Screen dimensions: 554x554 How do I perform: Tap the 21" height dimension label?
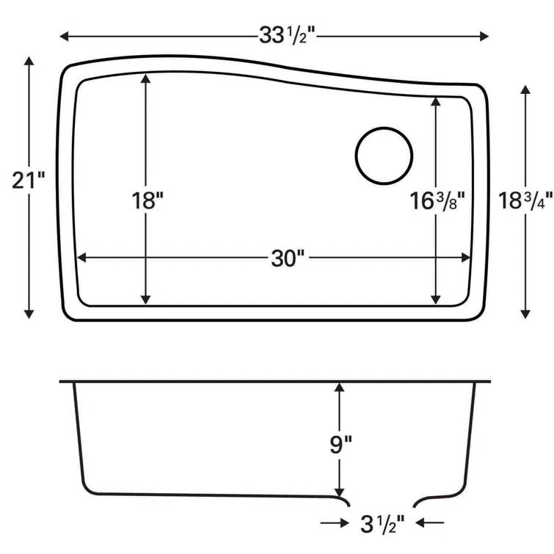coord(29,179)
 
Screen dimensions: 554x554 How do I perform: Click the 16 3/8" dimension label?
coord(439,201)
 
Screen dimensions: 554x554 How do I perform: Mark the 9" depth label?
coord(339,445)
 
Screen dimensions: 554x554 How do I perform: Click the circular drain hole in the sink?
coord(384,155)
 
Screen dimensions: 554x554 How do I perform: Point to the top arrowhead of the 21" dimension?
coord(29,62)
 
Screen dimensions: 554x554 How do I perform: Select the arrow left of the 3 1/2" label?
coord(335,522)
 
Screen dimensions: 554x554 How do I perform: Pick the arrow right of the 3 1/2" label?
coord(430,522)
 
